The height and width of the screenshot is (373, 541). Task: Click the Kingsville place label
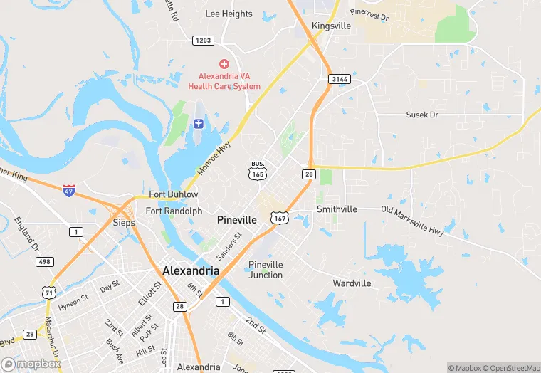tap(332, 26)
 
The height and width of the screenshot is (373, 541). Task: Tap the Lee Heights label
tap(229, 14)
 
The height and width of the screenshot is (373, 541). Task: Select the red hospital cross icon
tap(224, 64)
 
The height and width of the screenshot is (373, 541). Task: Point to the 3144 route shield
tap(339, 79)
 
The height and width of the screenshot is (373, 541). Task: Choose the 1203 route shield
tap(203, 41)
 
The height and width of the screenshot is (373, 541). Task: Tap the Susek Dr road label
tap(422, 115)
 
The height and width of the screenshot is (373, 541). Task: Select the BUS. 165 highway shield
tap(257, 170)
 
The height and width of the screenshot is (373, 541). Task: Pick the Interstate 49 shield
tap(68, 191)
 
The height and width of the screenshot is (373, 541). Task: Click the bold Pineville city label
tap(236, 220)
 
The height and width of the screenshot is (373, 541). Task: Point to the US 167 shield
tap(279, 218)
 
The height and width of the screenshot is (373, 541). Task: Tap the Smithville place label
tap(337, 209)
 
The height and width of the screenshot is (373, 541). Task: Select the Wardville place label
tap(352, 283)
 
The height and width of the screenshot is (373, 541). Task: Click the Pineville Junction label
tap(266, 270)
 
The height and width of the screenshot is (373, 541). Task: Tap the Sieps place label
tap(124, 222)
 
